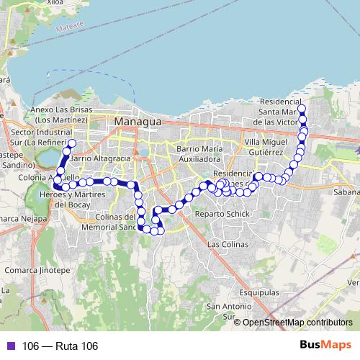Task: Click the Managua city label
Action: (138, 122)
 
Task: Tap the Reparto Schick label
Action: (228, 215)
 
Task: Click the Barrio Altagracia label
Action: (100, 158)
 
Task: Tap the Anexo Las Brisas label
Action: (61, 114)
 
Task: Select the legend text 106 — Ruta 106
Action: (60, 346)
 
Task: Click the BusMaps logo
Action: (325, 346)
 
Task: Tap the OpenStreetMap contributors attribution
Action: (297, 323)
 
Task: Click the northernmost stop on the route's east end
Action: (302, 109)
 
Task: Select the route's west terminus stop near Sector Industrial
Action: (72, 143)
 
